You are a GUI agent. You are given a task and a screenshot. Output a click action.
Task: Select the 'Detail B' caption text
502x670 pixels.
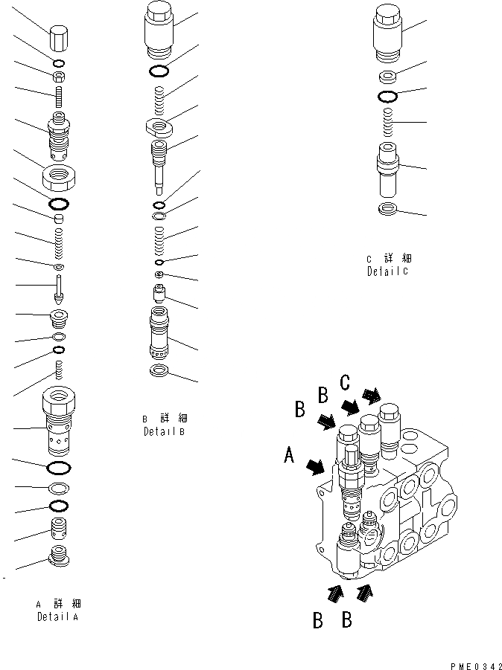(x=164, y=431)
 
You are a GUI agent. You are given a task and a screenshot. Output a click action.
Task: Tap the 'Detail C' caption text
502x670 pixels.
(x=388, y=271)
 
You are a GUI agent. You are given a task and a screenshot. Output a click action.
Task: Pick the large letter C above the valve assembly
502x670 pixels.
(x=344, y=383)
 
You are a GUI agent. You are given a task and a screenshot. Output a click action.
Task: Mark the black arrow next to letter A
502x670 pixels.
(x=314, y=466)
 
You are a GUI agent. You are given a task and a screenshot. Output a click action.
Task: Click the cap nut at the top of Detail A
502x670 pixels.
(x=59, y=36)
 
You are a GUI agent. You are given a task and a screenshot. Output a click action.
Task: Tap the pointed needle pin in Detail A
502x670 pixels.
(x=59, y=288)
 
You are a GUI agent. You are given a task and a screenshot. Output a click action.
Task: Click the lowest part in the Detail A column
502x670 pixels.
(x=59, y=555)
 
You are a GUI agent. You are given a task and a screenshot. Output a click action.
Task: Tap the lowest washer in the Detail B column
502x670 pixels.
(x=160, y=371)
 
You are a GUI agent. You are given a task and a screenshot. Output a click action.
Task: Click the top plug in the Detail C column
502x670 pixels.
(x=388, y=33)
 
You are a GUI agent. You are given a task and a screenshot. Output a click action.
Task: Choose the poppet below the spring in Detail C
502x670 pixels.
(x=388, y=169)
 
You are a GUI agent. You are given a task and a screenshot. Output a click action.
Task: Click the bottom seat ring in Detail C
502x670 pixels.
(x=388, y=209)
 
